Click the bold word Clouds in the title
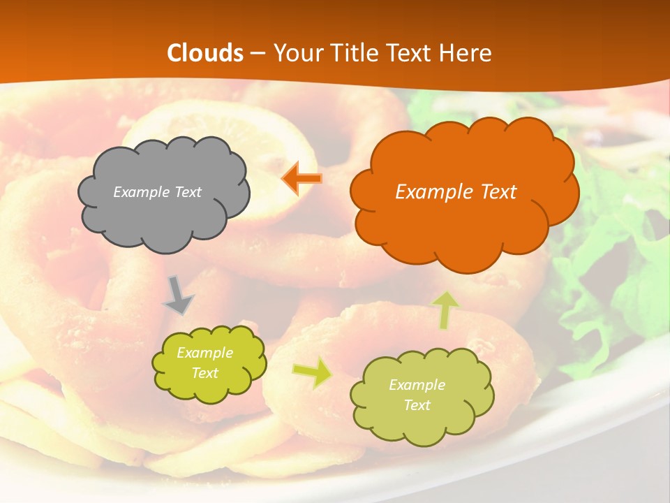pyautogui.click(x=205, y=53)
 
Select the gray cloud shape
pyautogui.click(x=163, y=210)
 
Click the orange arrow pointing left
pyautogui.click(x=301, y=179)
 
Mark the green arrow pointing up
pyautogui.click(x=445, y=309)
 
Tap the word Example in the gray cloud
pyautogui.click(x=140, y=192)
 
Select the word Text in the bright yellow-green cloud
pyautogui.click(x=204, y=373)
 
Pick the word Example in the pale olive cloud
pyautogui.click(x=417, y=385)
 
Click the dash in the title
pyautogui.click(x=258, y=53)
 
